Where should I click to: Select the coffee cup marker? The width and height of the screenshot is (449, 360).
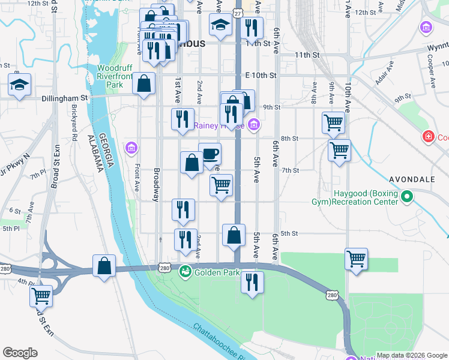coord(209,154)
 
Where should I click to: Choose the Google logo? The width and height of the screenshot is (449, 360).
coord(20,353)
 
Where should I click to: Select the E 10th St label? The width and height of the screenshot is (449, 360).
coord(261,76)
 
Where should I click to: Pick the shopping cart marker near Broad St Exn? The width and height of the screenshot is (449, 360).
coord(41,295)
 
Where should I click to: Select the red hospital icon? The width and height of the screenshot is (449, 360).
coord(428,137)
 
